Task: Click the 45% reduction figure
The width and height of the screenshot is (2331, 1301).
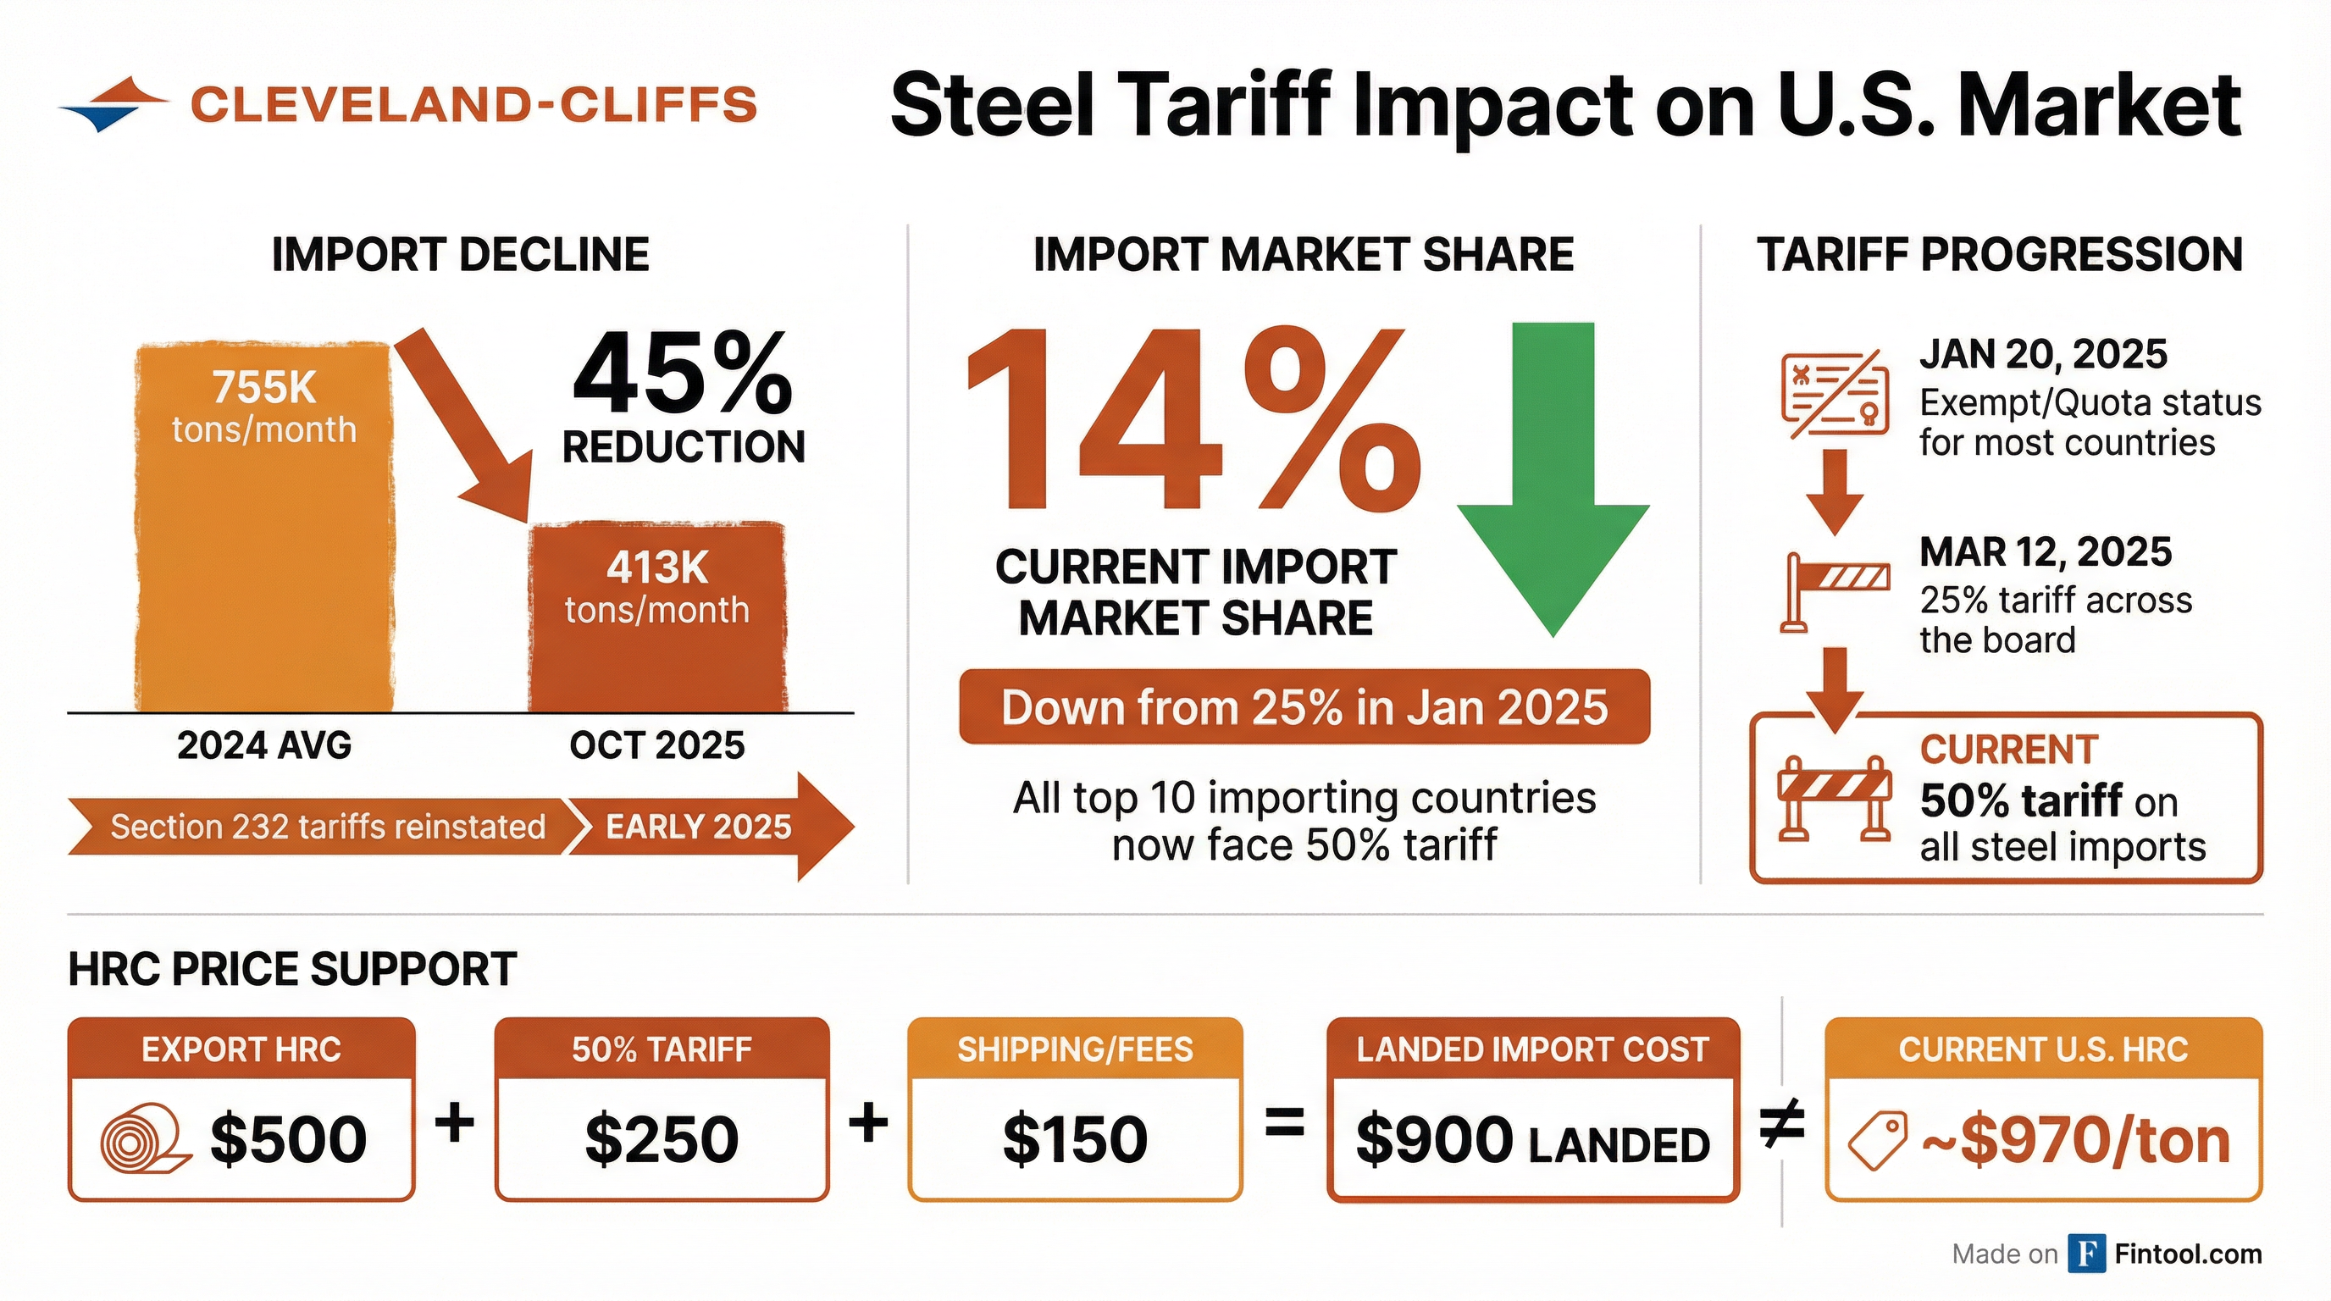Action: click(684, 374)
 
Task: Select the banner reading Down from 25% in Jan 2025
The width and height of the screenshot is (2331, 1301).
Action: click(1304, 707)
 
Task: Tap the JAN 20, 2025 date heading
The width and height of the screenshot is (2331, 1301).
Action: click(2043, 354)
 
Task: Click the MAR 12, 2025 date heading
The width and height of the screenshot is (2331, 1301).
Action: click(2045, 552)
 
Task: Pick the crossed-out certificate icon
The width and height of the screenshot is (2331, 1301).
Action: click(1834, 397)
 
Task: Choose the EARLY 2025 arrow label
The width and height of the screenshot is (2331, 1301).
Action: click(699, 827)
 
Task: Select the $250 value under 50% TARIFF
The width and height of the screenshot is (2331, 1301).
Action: click(662, 1139)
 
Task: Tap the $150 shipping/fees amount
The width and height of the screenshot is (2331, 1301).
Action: click(1075, 1139)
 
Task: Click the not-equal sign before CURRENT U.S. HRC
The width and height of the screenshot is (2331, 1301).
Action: click(1782, 1125)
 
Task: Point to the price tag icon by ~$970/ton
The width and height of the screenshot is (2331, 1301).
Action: click(1877, 1141)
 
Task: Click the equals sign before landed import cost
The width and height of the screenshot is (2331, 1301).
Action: click(1284, 1125)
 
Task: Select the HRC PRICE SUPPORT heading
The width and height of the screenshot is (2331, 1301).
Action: click(292, 970)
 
